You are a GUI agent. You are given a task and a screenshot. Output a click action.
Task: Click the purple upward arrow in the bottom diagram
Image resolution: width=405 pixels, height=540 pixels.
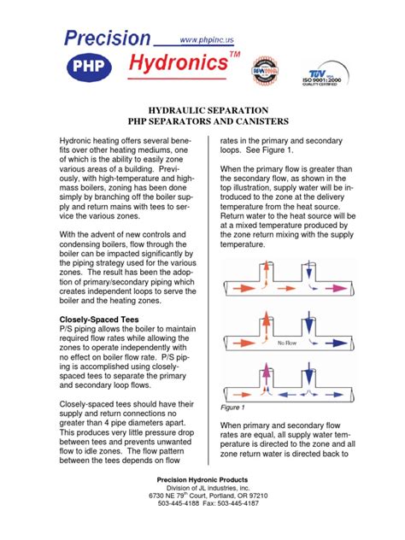pos(260,377)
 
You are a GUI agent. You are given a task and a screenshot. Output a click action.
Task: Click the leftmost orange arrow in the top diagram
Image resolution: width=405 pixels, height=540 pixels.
pos(238,283)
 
